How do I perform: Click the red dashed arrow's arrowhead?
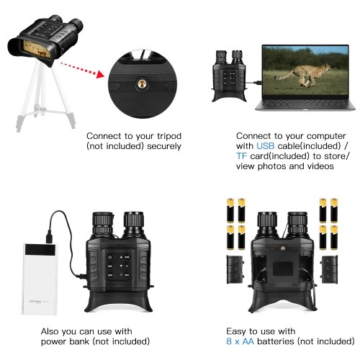point(100,74)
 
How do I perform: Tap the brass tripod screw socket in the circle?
point(142,84)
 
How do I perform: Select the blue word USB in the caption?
point(265,146)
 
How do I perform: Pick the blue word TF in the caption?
point(241,156)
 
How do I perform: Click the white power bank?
point(40,279)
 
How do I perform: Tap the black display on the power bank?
point(40,250)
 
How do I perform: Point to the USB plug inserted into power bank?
point(49,236)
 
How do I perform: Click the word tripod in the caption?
point(169,136)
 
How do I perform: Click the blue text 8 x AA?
point(240,341)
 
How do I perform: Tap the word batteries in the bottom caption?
point(275,341)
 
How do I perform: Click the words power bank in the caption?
point(65,341)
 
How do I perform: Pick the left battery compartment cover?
point(235,269)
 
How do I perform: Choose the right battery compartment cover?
point(330,269)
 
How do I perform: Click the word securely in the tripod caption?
point(164,146)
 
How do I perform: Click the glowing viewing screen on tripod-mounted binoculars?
point(37,49)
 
